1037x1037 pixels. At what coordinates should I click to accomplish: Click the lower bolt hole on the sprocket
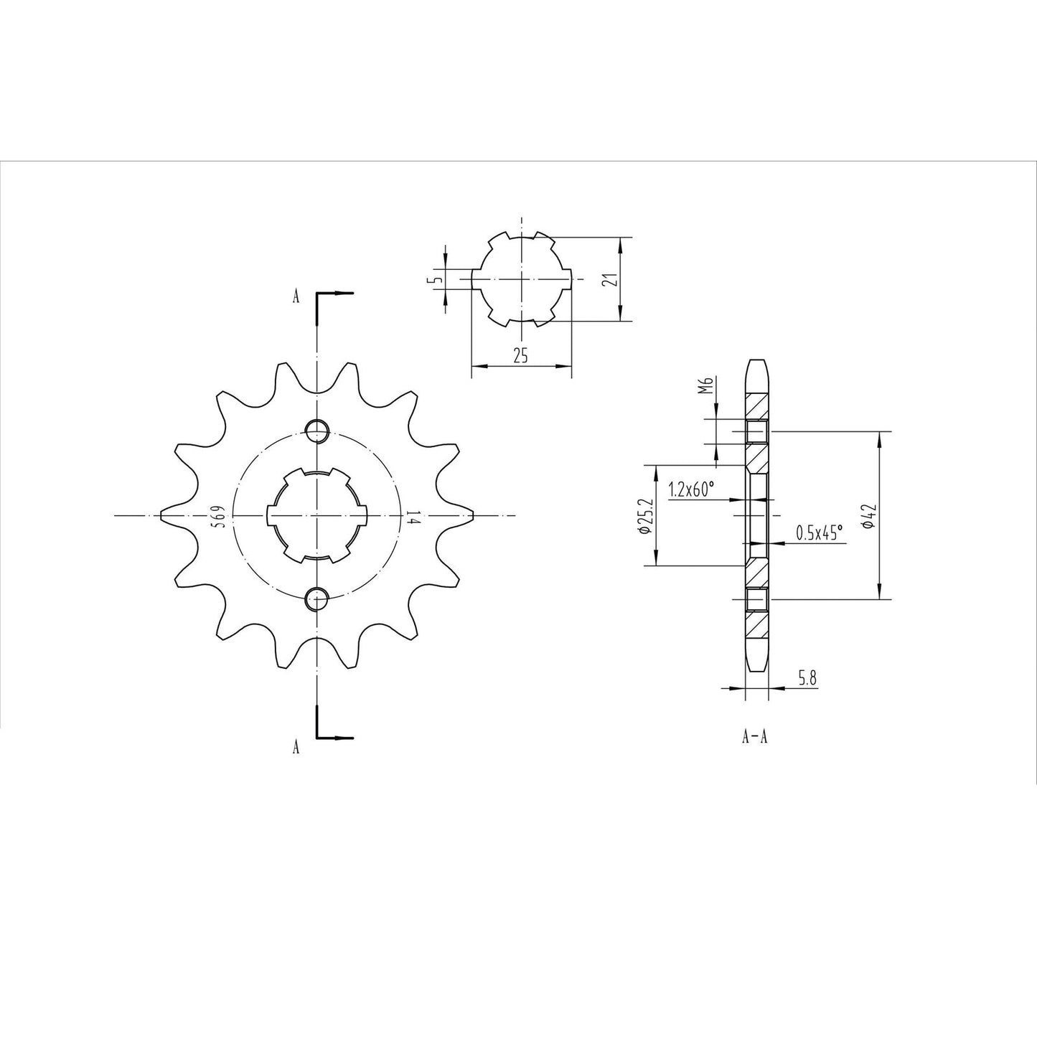[x=317, y=599]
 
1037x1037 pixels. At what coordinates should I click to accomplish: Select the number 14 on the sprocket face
[x=413, y=517]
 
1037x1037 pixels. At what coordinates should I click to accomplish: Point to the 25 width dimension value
[x=520, y=355]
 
